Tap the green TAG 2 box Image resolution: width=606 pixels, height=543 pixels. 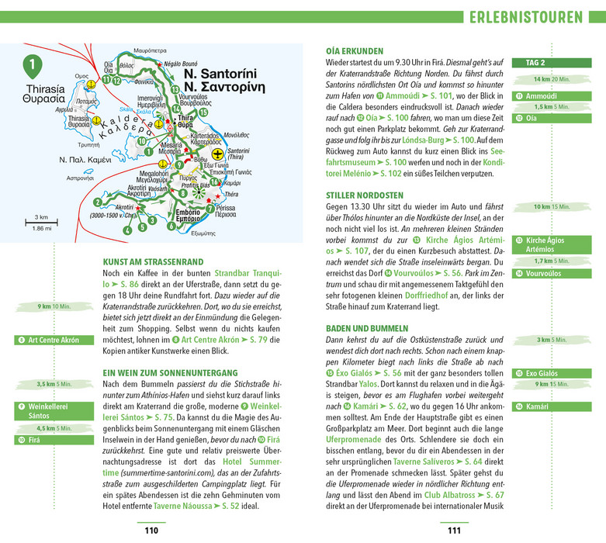(x=536, y=63)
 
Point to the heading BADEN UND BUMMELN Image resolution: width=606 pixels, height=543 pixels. (x=367, y=328)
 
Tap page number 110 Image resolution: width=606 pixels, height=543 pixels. (x=151, y=531)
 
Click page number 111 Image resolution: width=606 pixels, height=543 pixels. (x=454, y=531)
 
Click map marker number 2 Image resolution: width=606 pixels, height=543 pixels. (x=98, y=202)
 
